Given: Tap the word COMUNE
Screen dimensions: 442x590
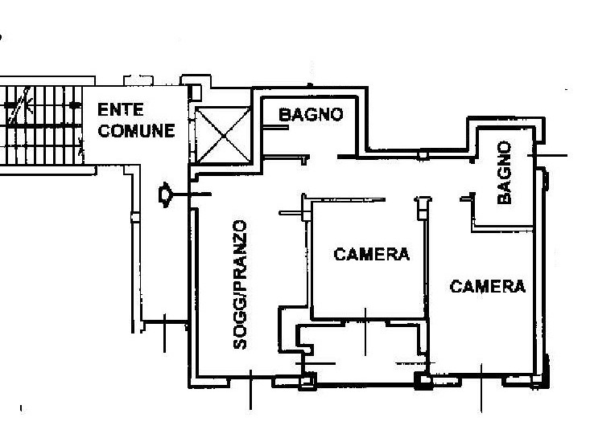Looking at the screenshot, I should [136, 130].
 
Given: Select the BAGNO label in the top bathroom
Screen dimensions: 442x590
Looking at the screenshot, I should [311, 115].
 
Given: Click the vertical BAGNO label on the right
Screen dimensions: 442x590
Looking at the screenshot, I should [505, 172].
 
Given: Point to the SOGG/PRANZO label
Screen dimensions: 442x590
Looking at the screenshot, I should [240, 284].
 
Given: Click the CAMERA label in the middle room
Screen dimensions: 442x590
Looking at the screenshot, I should [371, 255].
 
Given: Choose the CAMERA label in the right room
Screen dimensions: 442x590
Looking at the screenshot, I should [488, 286].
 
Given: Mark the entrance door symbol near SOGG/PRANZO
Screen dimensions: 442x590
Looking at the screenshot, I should [167, 194].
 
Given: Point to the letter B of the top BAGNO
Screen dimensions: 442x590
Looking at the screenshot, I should [284, 115].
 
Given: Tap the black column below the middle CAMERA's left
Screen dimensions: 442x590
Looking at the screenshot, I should [305, 382].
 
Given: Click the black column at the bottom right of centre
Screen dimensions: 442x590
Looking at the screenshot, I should [421, 380].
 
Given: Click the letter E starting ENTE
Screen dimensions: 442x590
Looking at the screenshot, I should [103, 109].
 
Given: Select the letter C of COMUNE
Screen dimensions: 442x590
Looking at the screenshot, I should [104, 130].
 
